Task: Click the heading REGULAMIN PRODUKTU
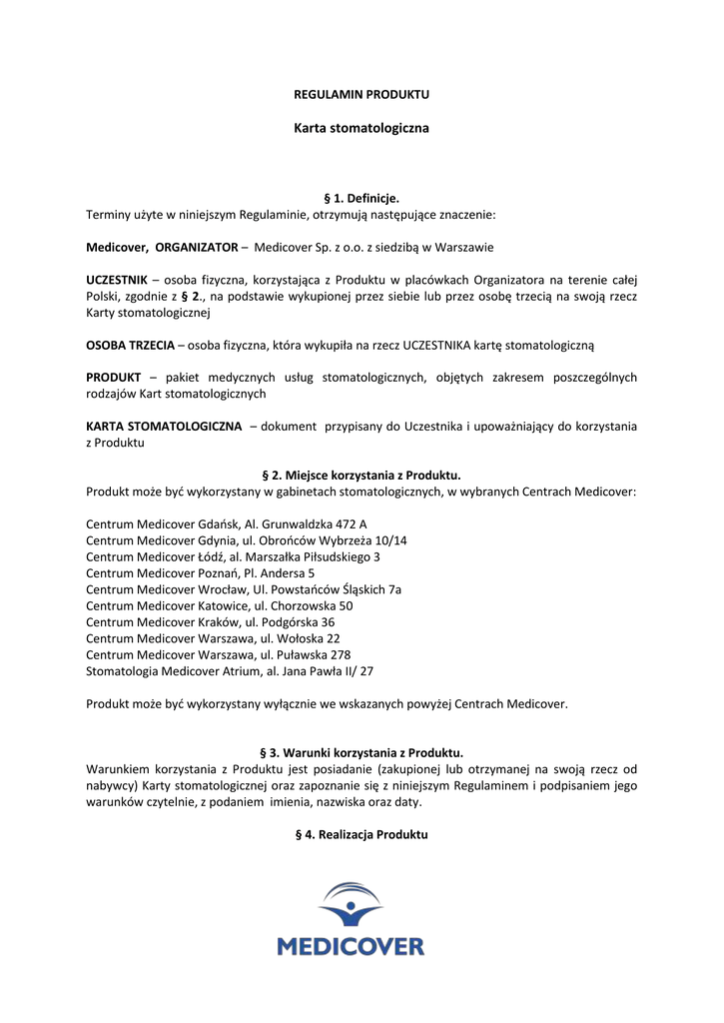(x=362, y=94)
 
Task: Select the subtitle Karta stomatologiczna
(x=362, y=129)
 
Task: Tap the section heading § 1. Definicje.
(x=362, y=199)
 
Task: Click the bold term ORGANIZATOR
(x=197, y=247)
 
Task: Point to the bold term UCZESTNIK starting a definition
(x=117, y=279)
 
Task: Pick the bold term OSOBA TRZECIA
(x=130, y=345)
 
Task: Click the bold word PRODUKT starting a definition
(x=113, y=377)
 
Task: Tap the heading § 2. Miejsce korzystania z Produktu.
(x=362, y=476)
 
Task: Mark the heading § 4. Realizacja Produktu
(x=362, y=834)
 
